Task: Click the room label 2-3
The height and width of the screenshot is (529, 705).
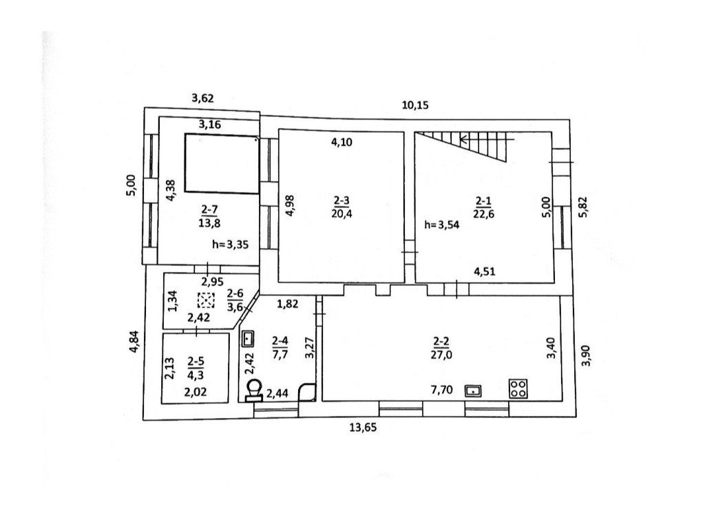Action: coord(341,200)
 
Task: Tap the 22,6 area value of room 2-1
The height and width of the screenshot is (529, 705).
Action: coord(483,214)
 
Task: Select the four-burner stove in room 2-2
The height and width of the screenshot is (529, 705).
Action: coord(518,388)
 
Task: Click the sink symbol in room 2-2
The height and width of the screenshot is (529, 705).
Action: coord(473,391)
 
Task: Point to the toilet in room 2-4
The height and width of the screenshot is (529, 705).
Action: coord(255,390)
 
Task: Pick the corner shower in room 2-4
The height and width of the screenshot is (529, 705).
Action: coord(308,391)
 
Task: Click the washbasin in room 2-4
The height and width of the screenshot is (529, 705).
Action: coord(248,339)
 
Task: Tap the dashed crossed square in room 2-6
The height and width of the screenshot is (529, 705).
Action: coord(205,300)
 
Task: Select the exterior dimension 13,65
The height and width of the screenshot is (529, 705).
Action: coord(363,427)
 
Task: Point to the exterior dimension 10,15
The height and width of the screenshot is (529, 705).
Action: coord(415,105)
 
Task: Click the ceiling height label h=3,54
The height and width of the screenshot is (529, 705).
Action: coord(442,225)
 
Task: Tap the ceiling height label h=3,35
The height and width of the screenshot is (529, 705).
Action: coord(230,245)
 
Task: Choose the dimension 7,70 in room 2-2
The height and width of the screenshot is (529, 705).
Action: coord(442,390)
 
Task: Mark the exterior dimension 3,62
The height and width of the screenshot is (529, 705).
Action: coord(203,98)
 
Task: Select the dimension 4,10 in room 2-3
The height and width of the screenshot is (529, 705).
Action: coord(341,142)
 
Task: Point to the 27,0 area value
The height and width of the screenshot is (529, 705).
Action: coord(441,355)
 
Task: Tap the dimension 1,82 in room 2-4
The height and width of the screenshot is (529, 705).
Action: coord(287,304)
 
